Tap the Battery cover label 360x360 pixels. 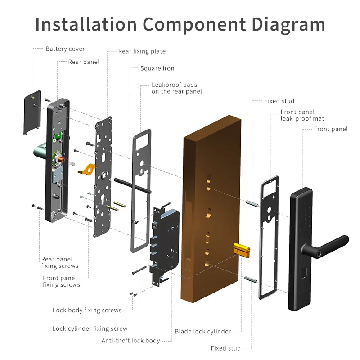coord(65,49)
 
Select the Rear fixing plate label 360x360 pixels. coord(142,51)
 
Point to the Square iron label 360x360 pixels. coord(157,68)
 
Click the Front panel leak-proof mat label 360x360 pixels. coord(302,115)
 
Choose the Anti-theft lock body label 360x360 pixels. coord(131,341)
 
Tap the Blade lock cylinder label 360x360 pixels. coord(202,332)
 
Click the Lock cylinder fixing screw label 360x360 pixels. coord(90,328)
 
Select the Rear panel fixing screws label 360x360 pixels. coord(59,262)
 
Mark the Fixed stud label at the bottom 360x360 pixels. coord(225,348)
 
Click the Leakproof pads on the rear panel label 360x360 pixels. coord(176,88)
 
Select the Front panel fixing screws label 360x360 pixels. coord(61,281)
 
